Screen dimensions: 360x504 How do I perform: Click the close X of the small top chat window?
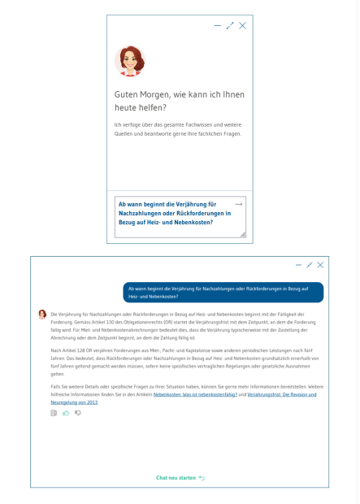coord(242,26)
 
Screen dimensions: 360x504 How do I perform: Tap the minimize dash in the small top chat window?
coord(217,26)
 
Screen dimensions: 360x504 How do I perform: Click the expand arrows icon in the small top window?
coord(230,26)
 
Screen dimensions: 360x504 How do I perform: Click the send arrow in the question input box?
coord(239,204)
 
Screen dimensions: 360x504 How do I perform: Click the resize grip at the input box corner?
coord(242,234)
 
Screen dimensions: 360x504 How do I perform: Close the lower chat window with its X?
coord(320,265)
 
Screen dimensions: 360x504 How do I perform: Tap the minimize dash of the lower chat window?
coord(298,265)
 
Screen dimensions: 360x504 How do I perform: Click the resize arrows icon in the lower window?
coord(309,265)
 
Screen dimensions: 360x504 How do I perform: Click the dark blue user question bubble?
coord(223,293)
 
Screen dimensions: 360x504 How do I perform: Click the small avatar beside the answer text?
coord(42,314)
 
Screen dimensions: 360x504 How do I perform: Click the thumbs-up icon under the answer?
coord(66,413)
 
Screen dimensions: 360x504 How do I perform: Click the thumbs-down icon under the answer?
coord(78,413)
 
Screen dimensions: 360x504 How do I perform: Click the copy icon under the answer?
coord(54,413)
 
